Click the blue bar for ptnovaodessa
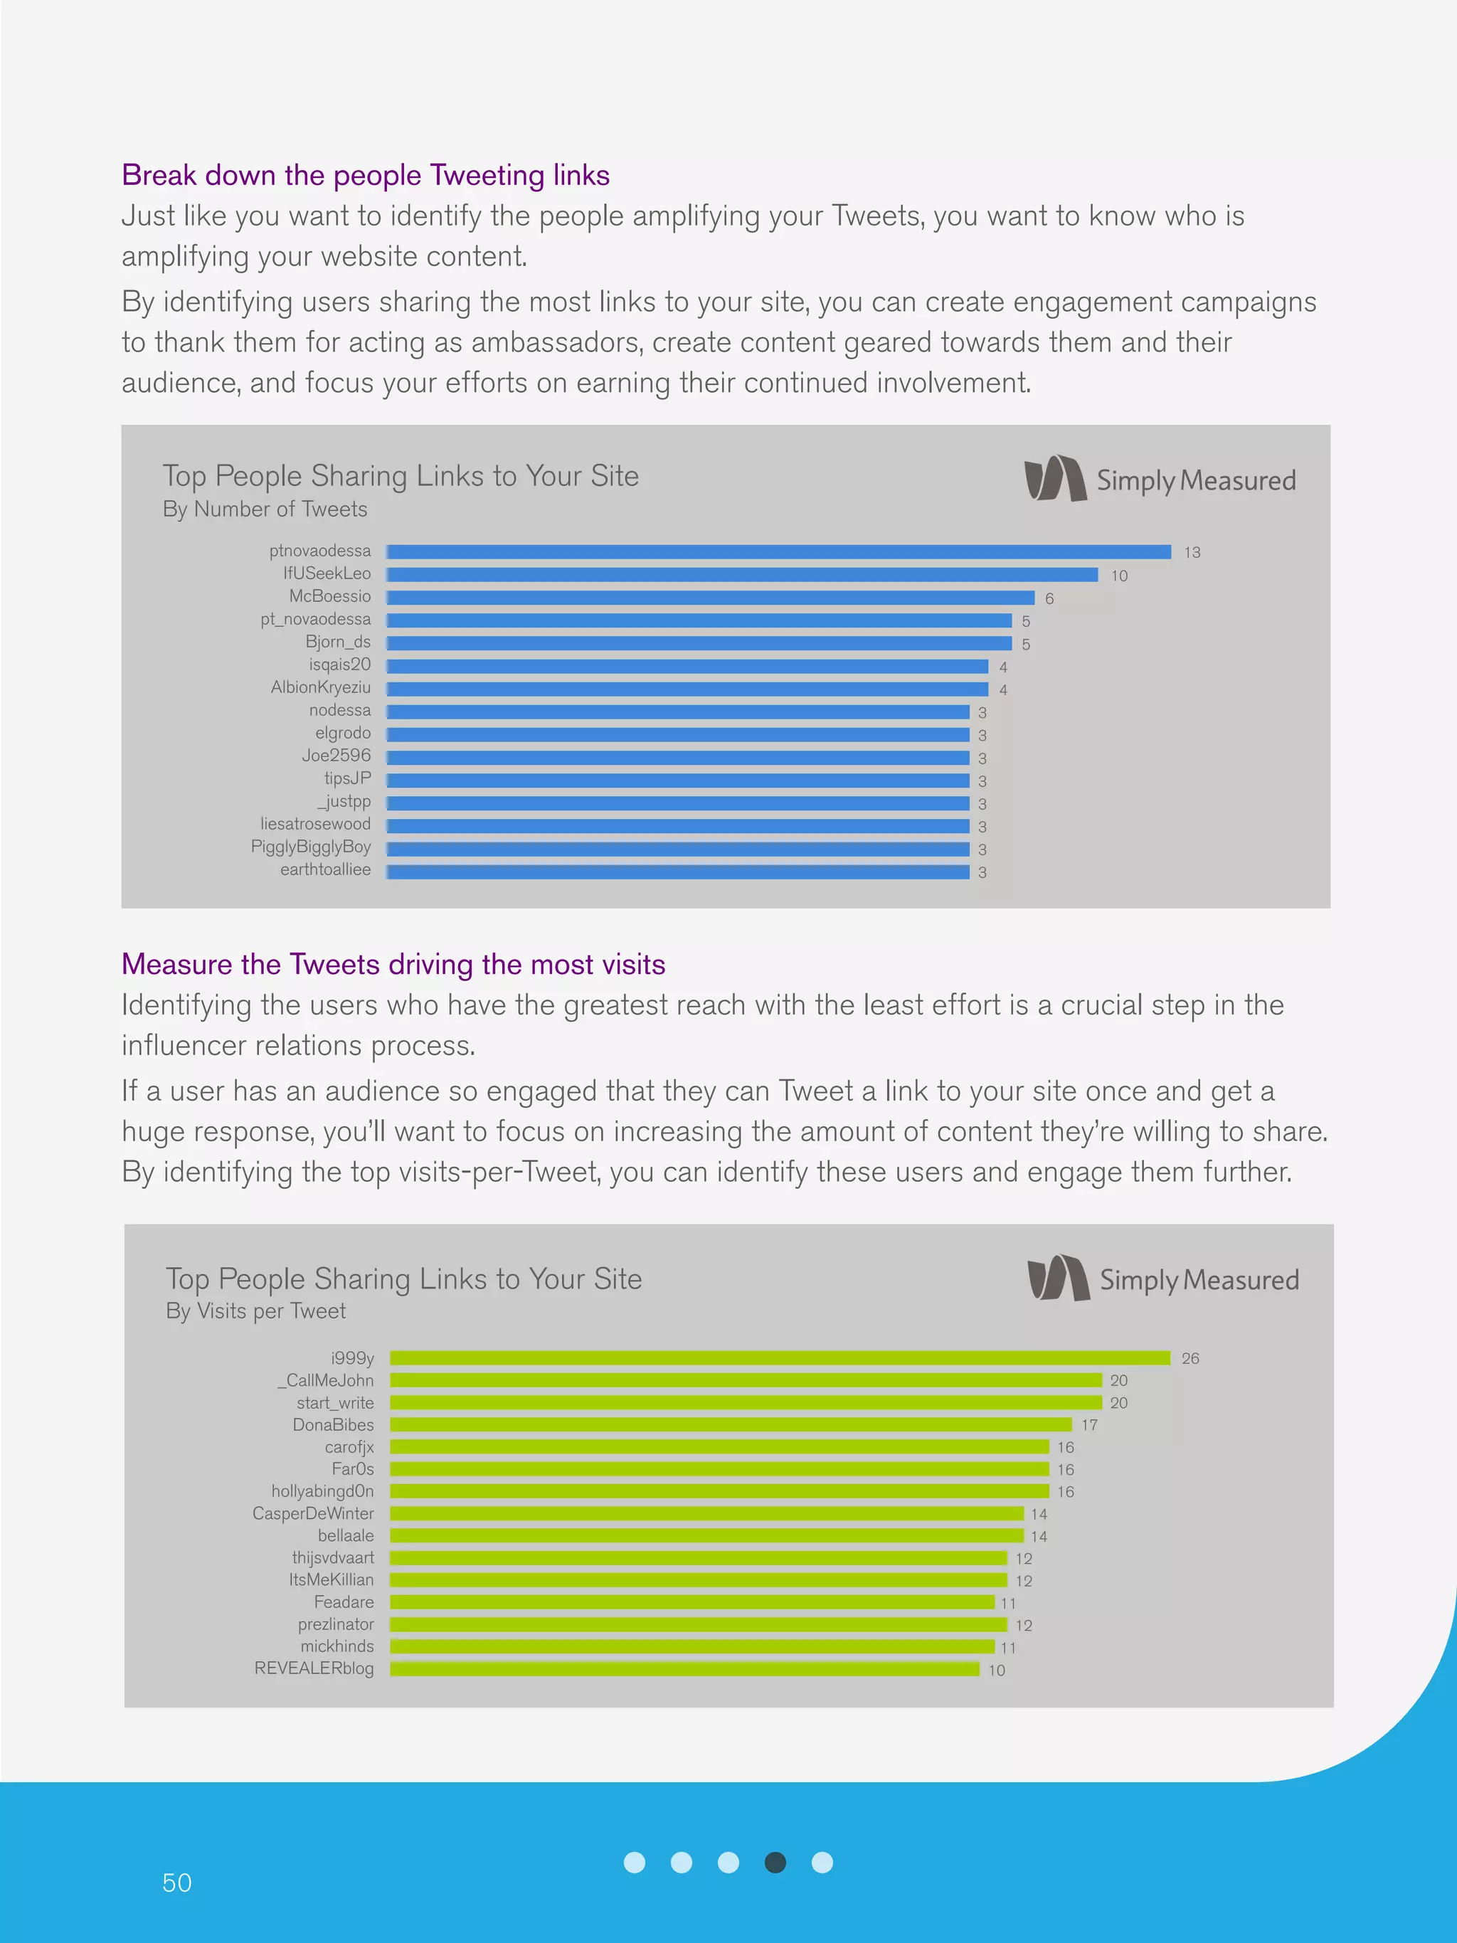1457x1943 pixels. [778, 551]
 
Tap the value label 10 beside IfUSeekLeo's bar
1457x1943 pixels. [1119, 576]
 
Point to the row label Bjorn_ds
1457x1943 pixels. [338, 642]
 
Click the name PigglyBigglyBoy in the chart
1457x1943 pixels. [311, 847]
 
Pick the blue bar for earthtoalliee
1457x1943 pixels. [677, 872]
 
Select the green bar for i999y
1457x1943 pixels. [780, 1358]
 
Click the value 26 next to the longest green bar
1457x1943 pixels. [1190, 1359]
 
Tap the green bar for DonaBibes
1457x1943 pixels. [731, 1425]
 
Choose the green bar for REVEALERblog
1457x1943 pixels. [684, 1669]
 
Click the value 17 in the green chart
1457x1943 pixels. [1089, 1426]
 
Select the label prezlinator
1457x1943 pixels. [336, 1624]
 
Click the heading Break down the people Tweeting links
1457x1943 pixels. [366, 176]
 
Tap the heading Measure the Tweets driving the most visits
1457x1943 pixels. [393, 965]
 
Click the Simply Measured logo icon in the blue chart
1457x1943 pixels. [1055, 479]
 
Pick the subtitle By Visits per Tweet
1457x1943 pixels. [255, 1311]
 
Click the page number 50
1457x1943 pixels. [176, 1883]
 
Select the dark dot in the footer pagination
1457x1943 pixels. [775, 1862]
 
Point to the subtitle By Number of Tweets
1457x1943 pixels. [265, 509]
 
